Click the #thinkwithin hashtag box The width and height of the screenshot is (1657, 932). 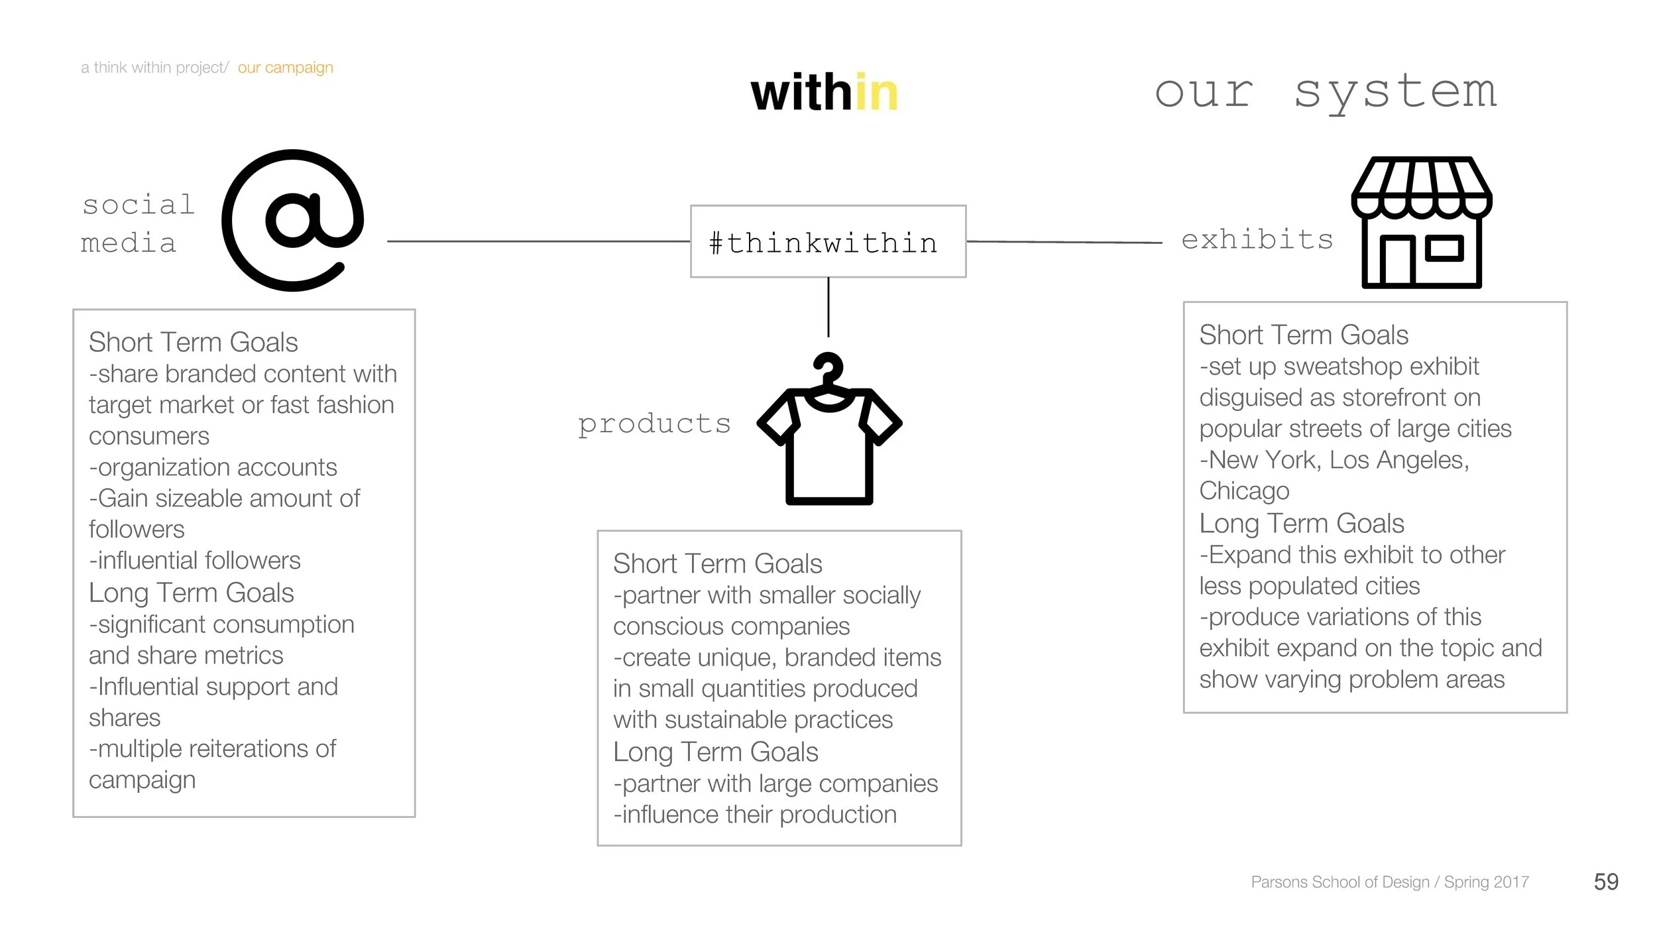828,242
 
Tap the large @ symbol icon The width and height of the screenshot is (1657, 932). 292,221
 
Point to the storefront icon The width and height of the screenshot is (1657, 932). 1421,223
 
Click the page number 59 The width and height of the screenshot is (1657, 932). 1605,882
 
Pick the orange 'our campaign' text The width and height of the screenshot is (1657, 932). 285,68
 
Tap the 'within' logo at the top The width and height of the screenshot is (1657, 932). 824,93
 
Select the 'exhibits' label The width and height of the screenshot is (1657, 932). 1257,239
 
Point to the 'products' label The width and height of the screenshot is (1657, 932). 654,424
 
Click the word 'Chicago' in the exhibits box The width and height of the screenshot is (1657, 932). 1244,491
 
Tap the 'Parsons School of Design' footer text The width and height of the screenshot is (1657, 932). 1339,882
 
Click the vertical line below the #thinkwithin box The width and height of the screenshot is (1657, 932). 828,307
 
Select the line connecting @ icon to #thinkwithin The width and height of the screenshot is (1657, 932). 538,241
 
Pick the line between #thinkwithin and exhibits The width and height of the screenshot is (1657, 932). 1064,242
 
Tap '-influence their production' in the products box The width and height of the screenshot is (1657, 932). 755,815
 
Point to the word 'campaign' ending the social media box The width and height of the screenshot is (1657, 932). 142,780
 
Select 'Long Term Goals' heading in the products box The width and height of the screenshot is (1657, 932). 715,752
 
